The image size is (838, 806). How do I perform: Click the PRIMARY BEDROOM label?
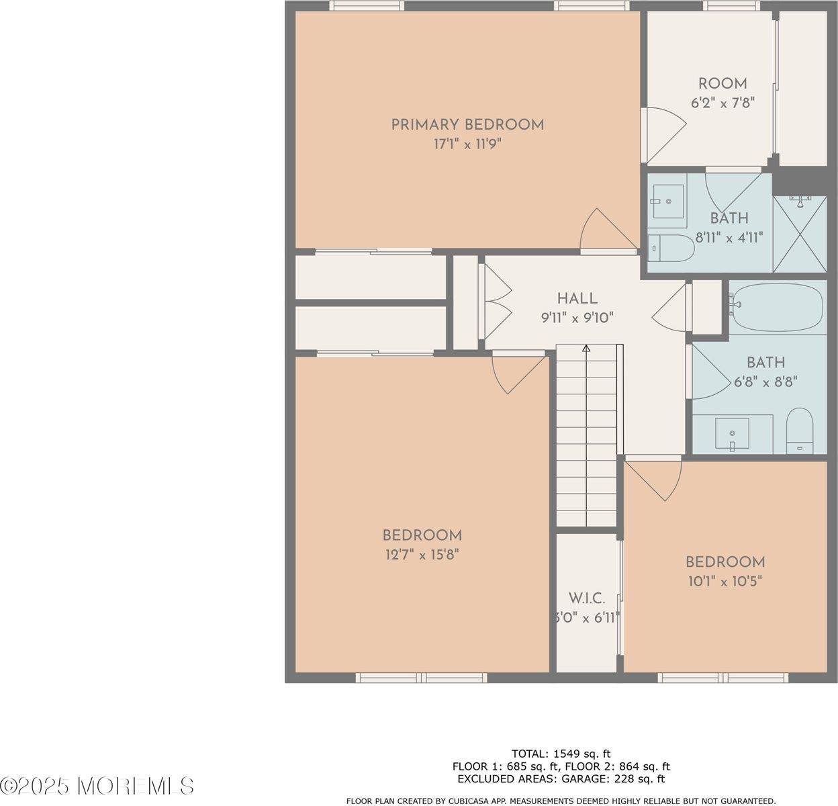point(467,124)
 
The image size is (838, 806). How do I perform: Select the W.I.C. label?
point(587,598)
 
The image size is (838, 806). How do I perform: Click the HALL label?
point(577,299)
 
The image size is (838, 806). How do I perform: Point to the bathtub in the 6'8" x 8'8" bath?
point(778,308)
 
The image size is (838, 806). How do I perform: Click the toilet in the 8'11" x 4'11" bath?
point(673,249)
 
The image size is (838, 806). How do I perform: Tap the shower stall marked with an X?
point(800,234)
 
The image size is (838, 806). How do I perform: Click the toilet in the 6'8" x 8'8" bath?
point(799,430)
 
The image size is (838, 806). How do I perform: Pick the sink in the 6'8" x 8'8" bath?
point(733,433)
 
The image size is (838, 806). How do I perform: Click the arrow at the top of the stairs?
point(586,349)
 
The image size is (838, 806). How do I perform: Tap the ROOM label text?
point(723,84)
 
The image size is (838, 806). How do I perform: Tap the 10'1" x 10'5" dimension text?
point(725,581)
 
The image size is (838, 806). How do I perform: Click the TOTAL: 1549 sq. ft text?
point(561,754)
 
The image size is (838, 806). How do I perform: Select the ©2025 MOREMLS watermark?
point(97,785)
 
